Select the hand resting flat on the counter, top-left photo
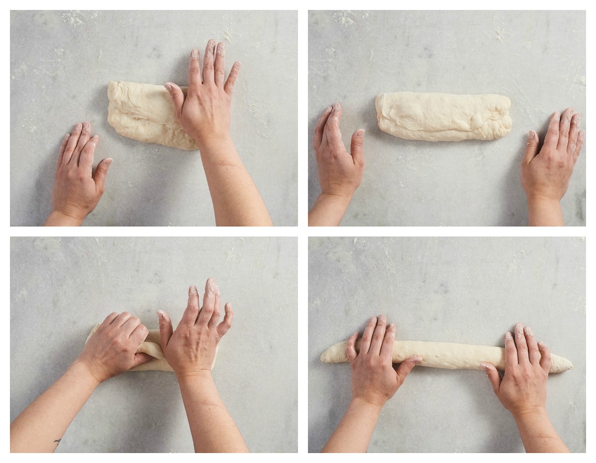pyautogui.click(x=79, y=174)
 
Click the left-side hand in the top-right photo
pyautogui.click(x=338, y=154)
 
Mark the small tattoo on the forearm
pyautogui.click(x=58, y=441)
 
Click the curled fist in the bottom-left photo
pyautogui.click(x=117, y=348)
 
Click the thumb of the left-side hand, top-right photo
pyautogui.click(x=358, y=144)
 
